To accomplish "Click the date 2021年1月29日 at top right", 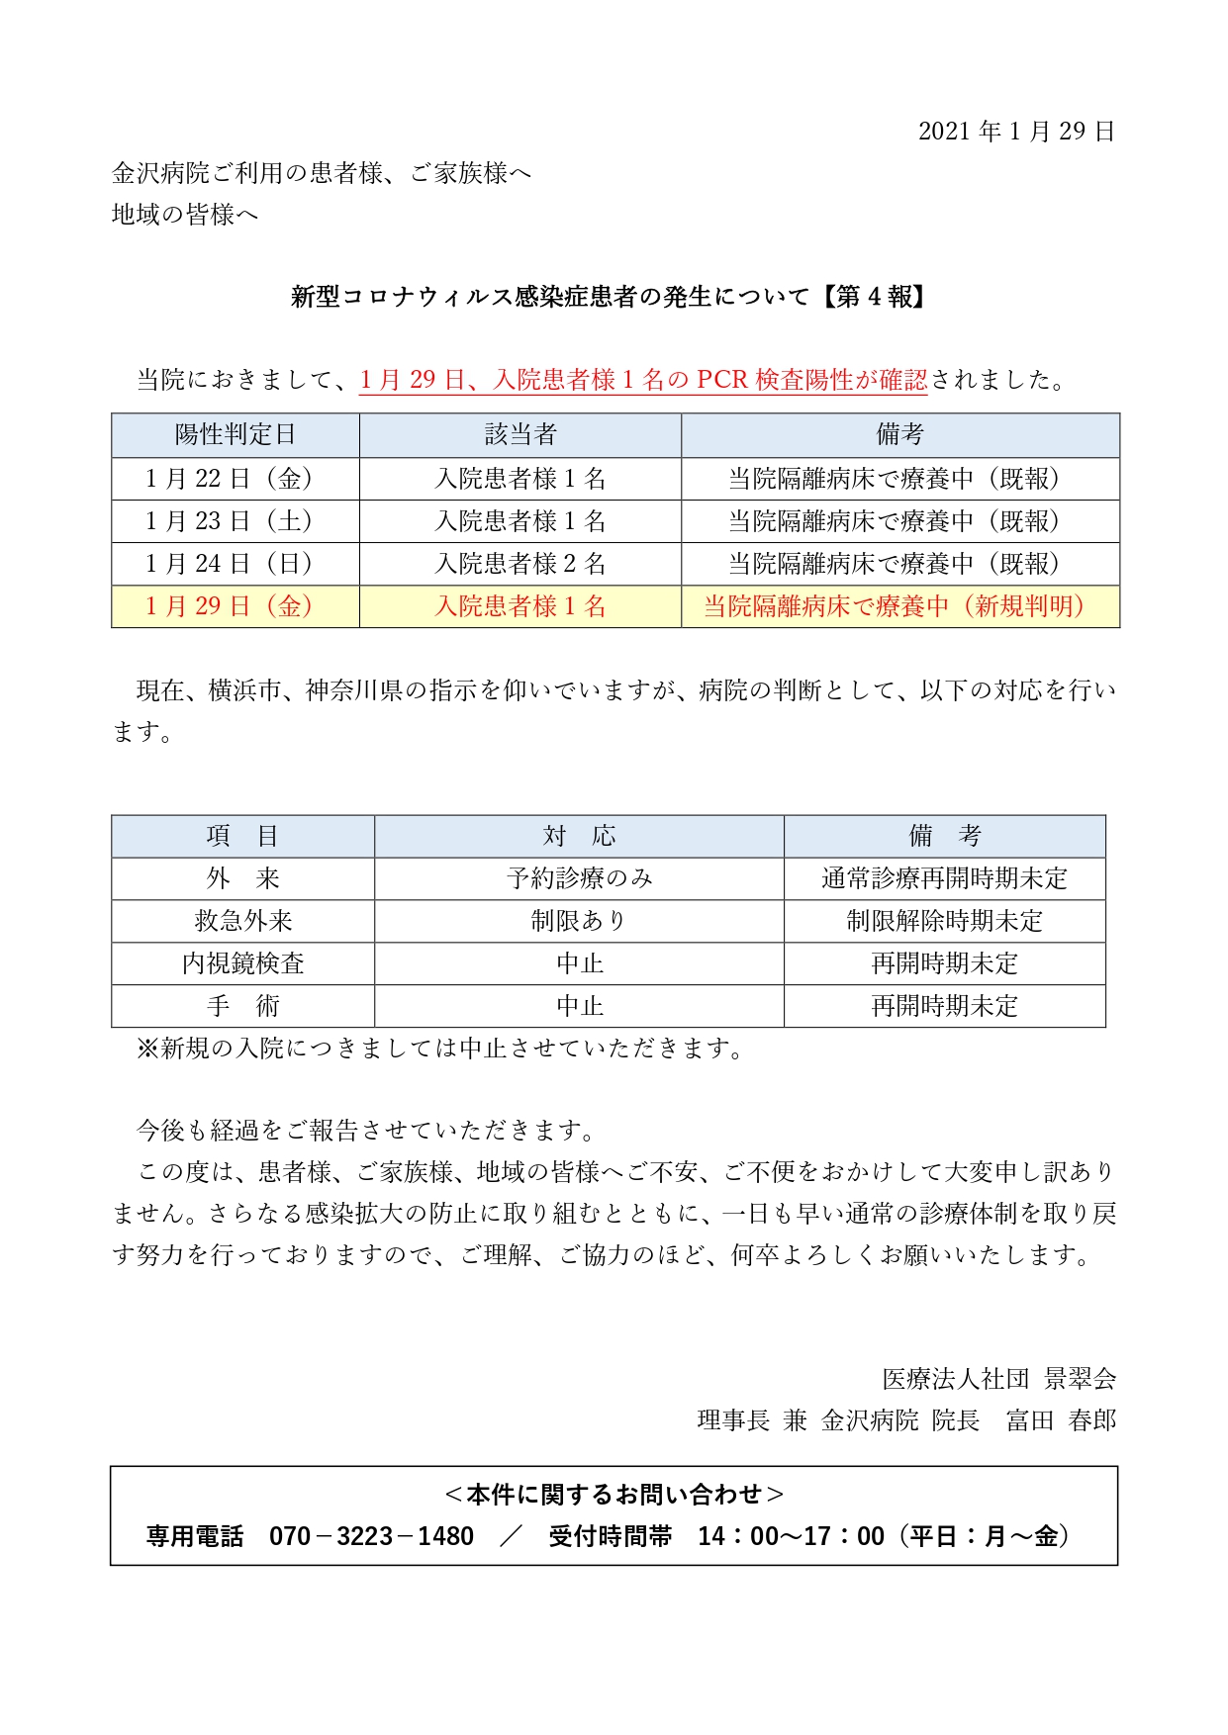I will click(x=1016, y=132).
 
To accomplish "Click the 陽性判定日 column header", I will click(x=236, y=435).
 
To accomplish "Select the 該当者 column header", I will click(x=520, y=435).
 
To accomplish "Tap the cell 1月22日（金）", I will click(x=236, y=479).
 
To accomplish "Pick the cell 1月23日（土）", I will click(x=236, y=521).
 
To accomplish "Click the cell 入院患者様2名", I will click(x=520, y=564).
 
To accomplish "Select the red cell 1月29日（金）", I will click(x=236, y=606).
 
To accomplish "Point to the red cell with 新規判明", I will click(x=899, y=606).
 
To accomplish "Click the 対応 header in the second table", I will click(x=579, y=837).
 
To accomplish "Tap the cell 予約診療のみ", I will click(x=579, y=878).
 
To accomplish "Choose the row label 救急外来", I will click(x=243, y=921).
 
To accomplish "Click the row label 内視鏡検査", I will click(x=243, y=963).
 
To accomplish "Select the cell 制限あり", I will click(x=579, y=921).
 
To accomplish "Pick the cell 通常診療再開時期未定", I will click(x=944, y=878).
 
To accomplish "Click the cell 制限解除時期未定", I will click(x=944, y=921).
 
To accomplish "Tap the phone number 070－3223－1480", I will click(x=371, y=1536).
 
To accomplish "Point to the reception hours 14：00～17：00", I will click(x=791, y=1536).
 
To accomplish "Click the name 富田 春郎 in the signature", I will click(x=1061, y=1420).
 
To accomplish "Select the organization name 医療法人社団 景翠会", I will click(x=999, y=1379).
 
